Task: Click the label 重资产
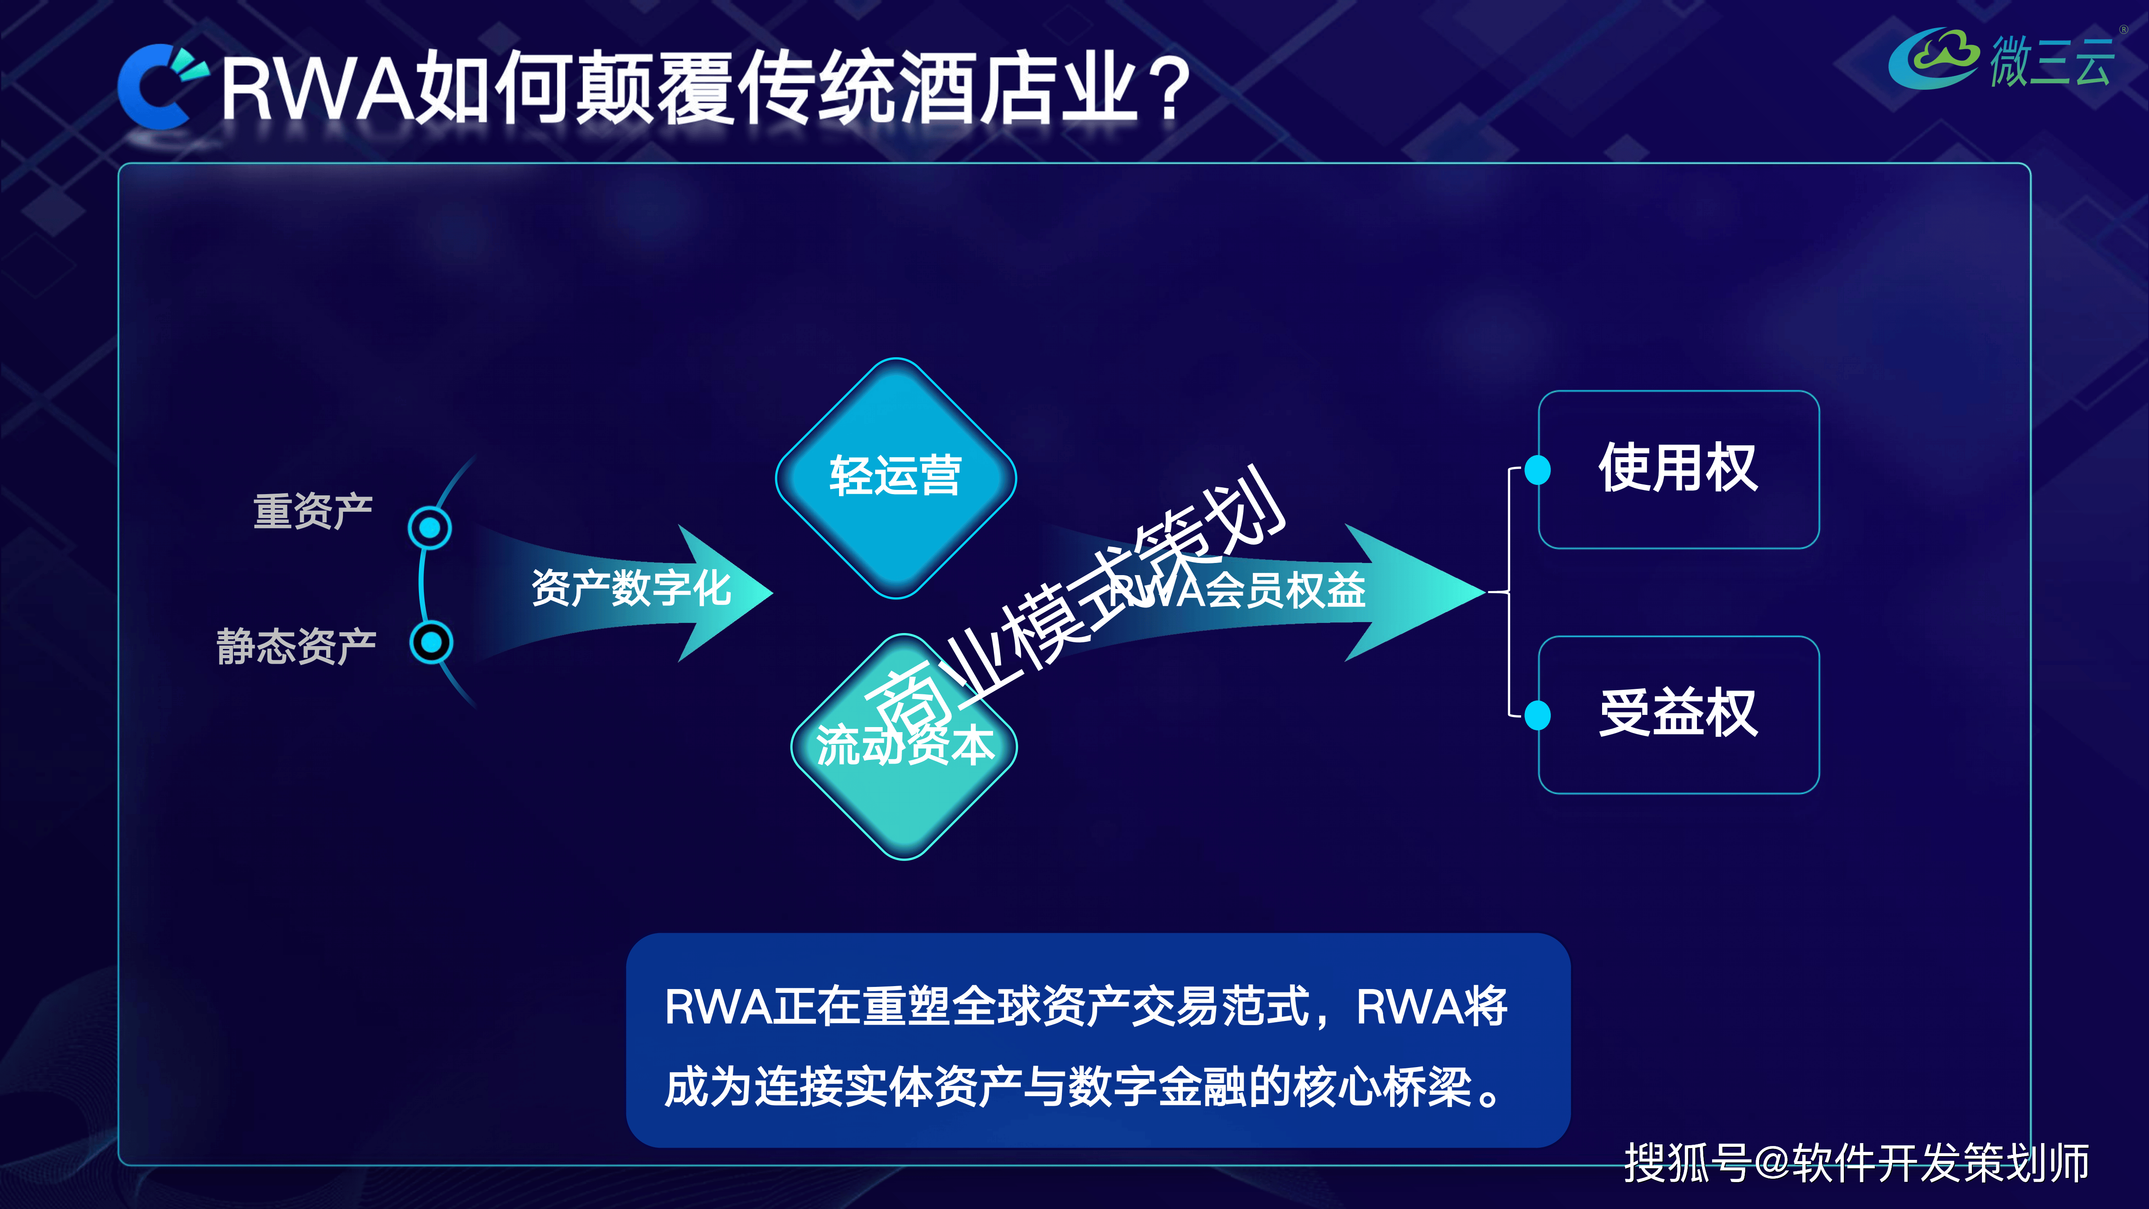tap(313, 510)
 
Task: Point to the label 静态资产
tap(296, 646)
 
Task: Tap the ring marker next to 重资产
tap(430, 527)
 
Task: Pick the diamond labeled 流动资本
tap(905, 746)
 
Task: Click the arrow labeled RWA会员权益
tap(1260, 592)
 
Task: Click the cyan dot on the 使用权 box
tap(1537, 470)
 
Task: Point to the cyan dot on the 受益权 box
tap(1537, 715)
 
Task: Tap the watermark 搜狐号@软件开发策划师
tap(1856, 1162)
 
